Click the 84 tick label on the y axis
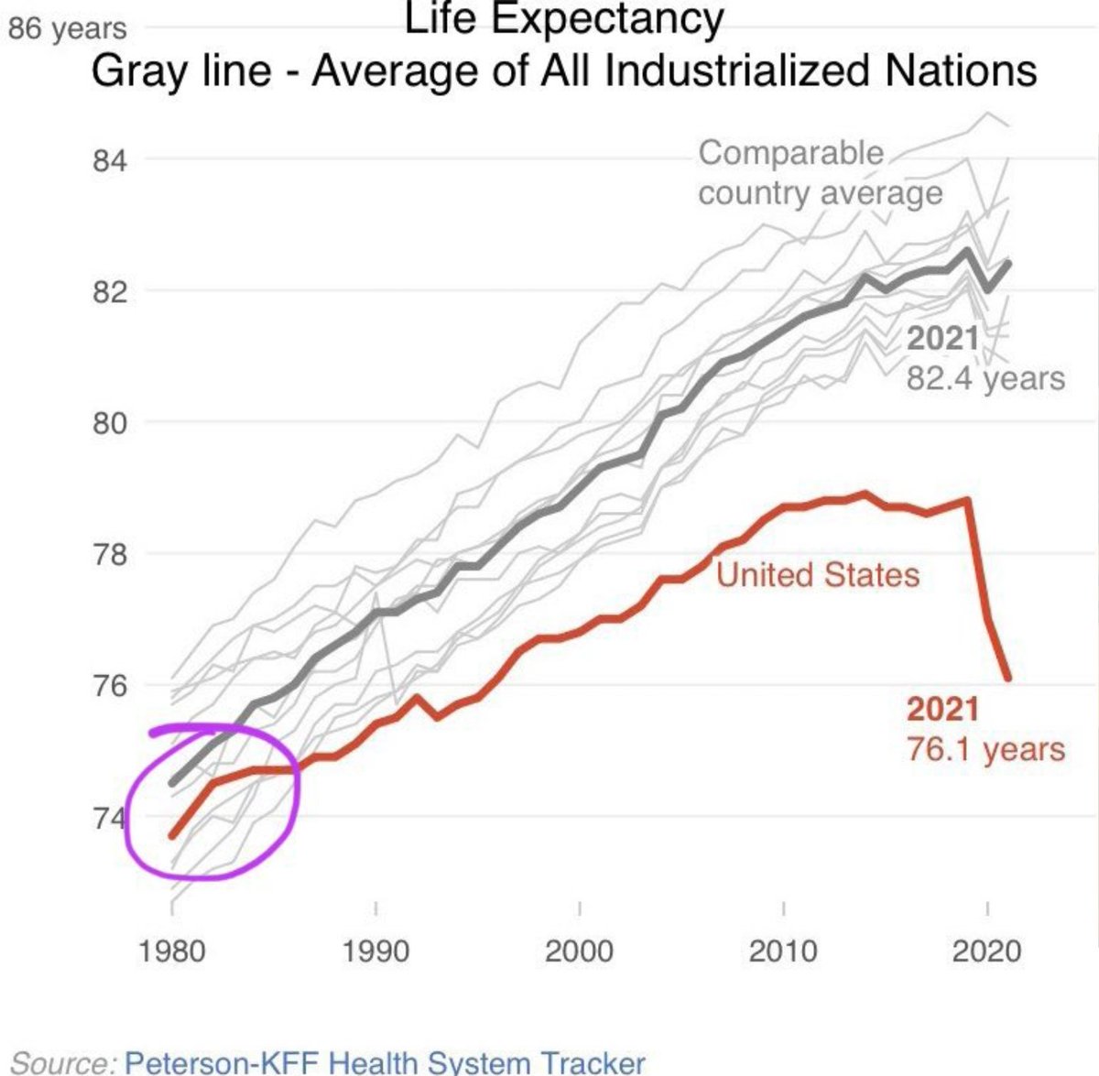pyautogui.click(x=108, y=161)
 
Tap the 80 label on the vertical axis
pyautogui.click(x=108, y=424)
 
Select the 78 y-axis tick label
pyautogui.click(x=108, y=555)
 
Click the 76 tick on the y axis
pyautogui.click(x=108, y=686)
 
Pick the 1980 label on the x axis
pyautogui.click(x=171, y=951)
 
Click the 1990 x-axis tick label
pyautogui.click(x=375, y=951)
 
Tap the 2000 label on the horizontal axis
pyautogui.click(x=579, y=951)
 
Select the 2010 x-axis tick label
pyautogui.click(x=783, y=951)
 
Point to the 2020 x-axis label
pyautogui.click(x=986, y=951)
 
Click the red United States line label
pyautogui.click(x=818, y=575)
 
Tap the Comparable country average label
pyautogui.click(x=820, y=173)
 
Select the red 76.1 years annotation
pyautogui.click(x=986, y=749)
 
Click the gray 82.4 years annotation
pyautogui.click(x=986, y=378)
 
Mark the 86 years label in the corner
pyautogui.click(x=67, y=28)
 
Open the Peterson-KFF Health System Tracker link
pyautogui.click(x=385, y=1062)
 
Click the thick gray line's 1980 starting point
pyautogui.click(x=171, y=784)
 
